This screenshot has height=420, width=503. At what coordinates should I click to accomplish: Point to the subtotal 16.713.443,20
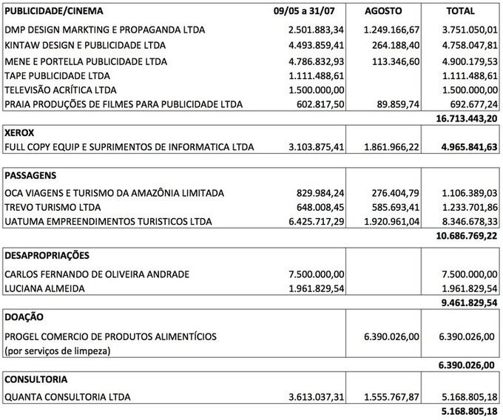(x=465, y=118)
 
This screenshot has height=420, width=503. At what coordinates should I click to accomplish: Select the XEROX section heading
(x=20, y=134)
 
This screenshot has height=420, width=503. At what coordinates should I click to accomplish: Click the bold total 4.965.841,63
(x=465, y=148)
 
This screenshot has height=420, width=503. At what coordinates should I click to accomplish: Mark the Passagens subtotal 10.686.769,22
(x=465, y=236)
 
